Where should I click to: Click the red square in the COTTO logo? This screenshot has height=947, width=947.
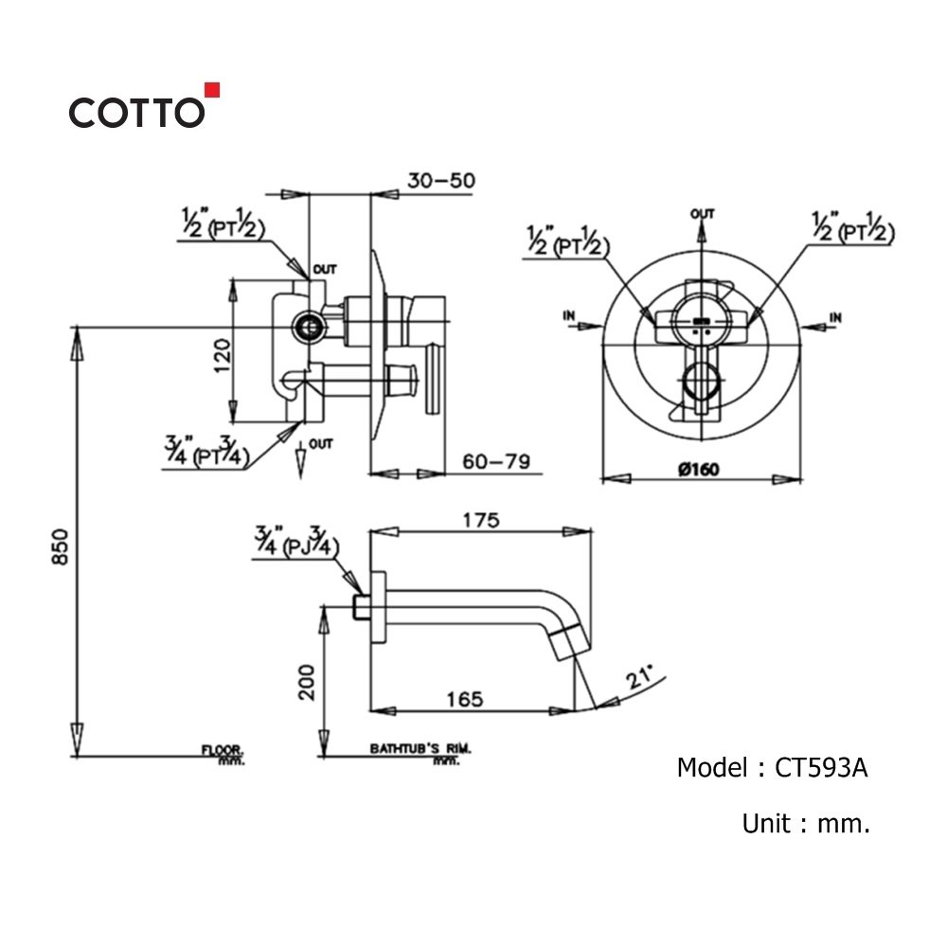coord(213,91)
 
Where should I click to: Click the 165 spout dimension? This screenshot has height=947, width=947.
coord(464,699)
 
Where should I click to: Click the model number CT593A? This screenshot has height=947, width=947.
coord(821,767)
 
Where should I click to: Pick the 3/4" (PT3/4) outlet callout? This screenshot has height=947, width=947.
coord(206,450)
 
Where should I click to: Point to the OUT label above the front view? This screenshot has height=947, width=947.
coord(702,214)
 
